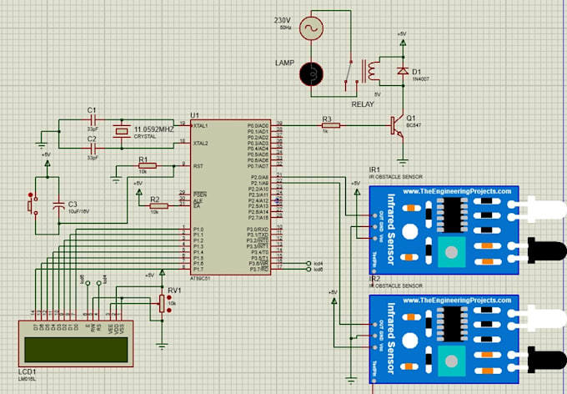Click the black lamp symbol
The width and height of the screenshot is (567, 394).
[x=312, y=73]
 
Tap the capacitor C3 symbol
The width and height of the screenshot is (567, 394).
[x=59, y=205]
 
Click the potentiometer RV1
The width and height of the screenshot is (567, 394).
[x=162, y=303]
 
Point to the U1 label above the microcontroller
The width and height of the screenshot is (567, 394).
[x=195, y=114]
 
